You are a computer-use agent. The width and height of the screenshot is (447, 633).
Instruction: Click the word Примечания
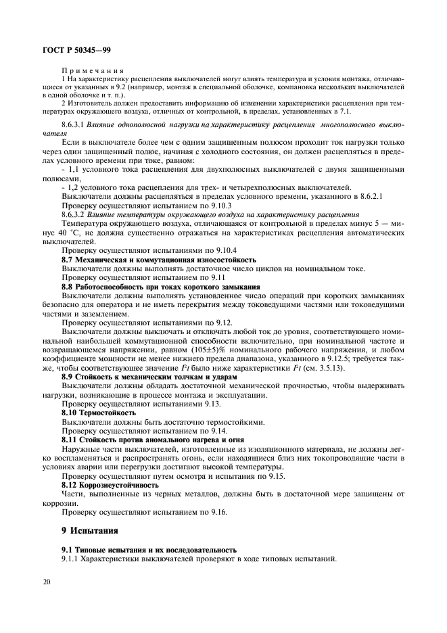(x=94, y=70)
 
